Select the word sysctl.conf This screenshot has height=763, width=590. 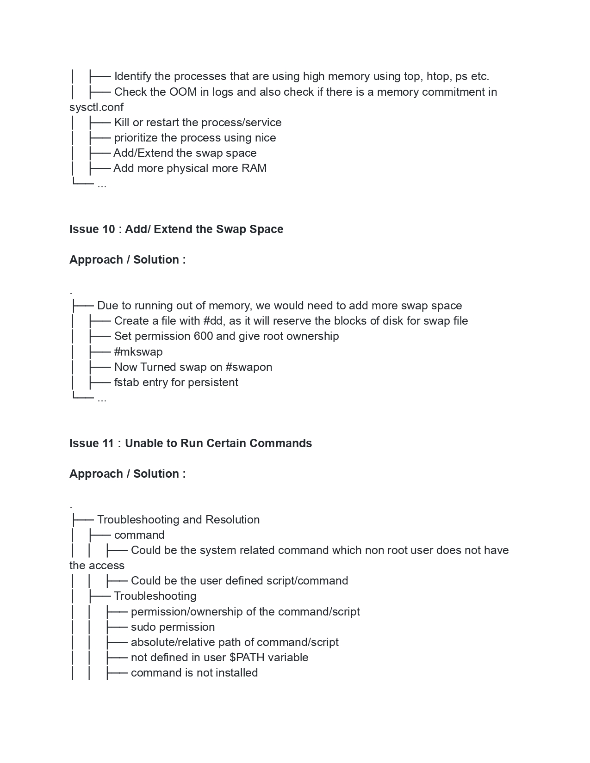[x=96, y=107]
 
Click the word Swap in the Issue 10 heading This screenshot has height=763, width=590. [x=233, y=229]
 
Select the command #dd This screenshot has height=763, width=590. [x=213, y=321]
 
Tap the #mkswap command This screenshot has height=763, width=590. [x=138, y=352]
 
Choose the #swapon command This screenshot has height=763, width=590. [x=248, y=367]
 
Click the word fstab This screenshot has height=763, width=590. [x=126, y=382]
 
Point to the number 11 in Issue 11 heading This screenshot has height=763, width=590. [x=108, y=443]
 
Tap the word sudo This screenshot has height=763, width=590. [x=143, y=627]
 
